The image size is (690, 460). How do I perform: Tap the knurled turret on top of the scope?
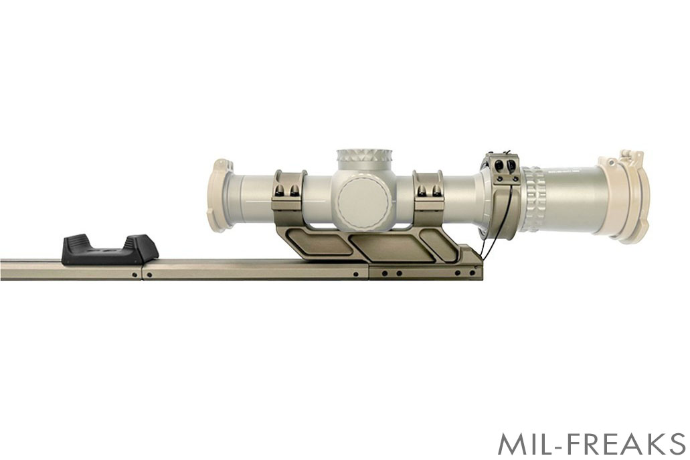[364, 160]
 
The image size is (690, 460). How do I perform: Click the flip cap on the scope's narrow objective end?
[219, 195]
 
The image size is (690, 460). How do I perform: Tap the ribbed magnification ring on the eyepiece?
[534, 199]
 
